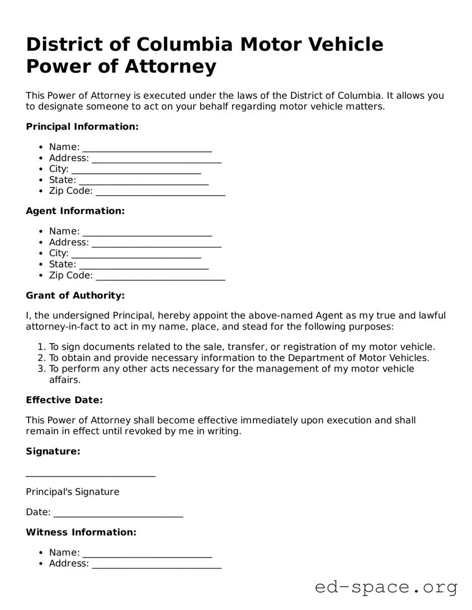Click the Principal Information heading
tap(82, 127)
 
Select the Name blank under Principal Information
tap(147, 147)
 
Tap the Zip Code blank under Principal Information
tap(161, 192)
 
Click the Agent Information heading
tap(75, 211)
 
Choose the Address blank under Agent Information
tap(157, 243)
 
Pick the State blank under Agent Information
tap(144, 265)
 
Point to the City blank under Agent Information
tap(136, 254)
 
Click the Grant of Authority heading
tap(75, 296)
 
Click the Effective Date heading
tap(64, 400)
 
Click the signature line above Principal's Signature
tap(91, 474)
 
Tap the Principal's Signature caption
tap(72, 492)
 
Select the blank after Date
tap(119, 513)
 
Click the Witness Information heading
tap(81, 532)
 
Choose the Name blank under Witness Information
tap(147, 553)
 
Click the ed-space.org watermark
tap(386, 588)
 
